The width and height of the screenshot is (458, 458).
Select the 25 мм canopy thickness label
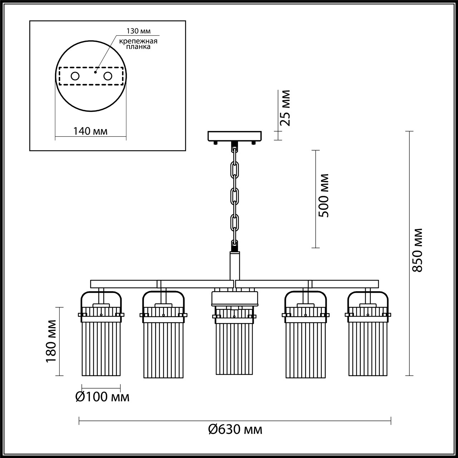[286, 108]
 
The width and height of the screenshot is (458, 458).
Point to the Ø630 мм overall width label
[235, 429]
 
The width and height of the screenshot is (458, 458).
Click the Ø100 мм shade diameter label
[102, 397]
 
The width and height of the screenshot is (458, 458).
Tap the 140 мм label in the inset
[90, 131]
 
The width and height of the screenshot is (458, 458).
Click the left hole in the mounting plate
[75, 76]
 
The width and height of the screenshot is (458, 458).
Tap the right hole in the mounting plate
[108, 76]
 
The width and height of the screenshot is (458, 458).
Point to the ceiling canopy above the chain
[235, 136]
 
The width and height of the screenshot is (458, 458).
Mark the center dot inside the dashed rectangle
[95, 72]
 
